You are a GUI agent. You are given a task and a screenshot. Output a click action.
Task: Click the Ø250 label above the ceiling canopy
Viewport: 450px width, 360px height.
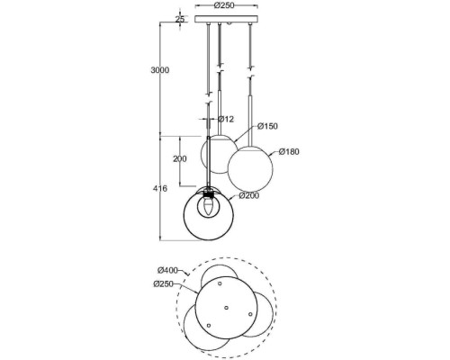click(225, 6)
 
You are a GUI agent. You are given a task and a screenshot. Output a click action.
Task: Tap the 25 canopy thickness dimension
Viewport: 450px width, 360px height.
click(180, 19)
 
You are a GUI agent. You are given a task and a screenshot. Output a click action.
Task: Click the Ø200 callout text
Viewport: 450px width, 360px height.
click(249, 194)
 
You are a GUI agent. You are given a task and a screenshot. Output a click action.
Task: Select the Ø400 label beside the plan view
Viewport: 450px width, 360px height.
click(166, 271)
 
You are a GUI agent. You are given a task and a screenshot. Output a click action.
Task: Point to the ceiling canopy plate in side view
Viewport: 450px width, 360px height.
click(225, 22)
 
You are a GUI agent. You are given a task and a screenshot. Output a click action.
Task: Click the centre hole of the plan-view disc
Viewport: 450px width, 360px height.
click(226, 307)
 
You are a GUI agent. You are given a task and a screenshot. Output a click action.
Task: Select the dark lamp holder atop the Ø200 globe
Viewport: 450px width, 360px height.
click(212, 191)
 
